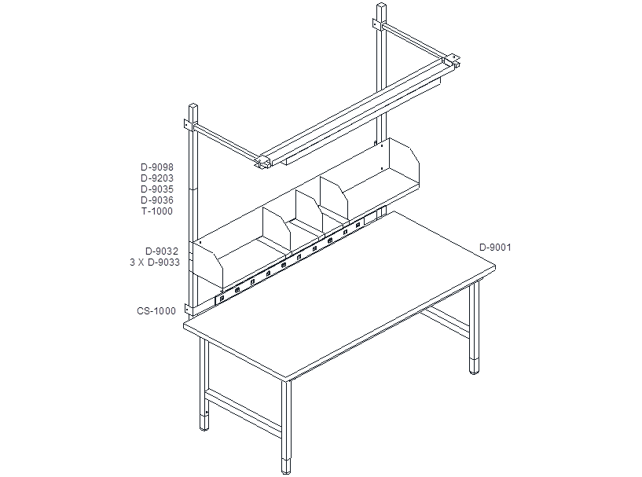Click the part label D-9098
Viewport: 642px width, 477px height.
[x=157, y=167]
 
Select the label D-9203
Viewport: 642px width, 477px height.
[x=157, y=178]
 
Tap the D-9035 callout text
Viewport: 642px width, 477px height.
[x=157, y=189]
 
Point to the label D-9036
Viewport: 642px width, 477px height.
[x=157, y=200]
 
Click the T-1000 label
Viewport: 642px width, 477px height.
[x=157, y=211]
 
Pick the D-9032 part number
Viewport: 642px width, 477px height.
[x=162, y=251]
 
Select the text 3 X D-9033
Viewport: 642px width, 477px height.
[x=155, y=262]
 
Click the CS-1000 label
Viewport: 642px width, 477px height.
[x=156, y=310]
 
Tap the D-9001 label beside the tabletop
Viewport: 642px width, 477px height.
[x=495, y=248]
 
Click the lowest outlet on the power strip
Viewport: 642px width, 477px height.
[x=222, y=299]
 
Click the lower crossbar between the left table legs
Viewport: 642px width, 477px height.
[x=244, y=411]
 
